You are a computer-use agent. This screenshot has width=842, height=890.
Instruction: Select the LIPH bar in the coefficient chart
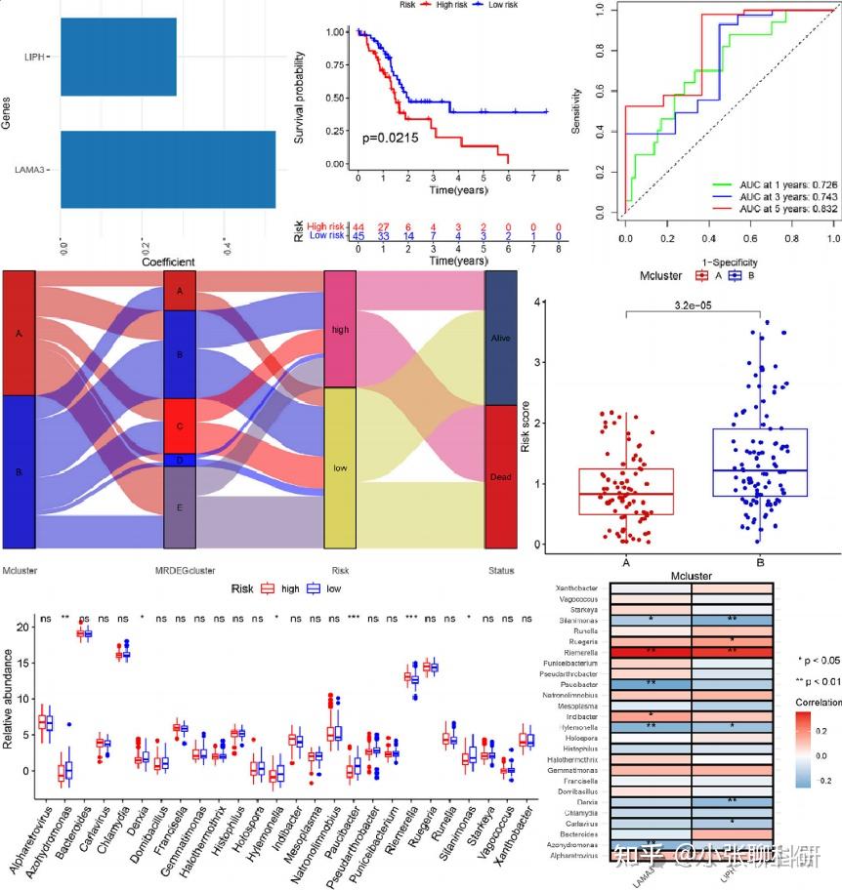[117, 57]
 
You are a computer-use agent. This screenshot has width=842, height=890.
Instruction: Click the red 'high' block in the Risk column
[340, 329]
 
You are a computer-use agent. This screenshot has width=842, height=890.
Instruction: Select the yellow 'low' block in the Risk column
[340, 467]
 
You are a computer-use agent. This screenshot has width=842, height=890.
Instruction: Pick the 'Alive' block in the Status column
[500, 337]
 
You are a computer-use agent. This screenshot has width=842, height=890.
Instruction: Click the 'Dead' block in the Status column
[500, 476]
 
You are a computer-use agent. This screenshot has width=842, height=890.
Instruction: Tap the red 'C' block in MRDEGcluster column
[180, 425]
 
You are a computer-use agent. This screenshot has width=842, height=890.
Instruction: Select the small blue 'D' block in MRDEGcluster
[180, 460]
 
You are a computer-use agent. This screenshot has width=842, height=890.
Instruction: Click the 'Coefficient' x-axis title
[168, 262]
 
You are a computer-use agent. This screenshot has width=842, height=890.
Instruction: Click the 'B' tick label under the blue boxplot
[759, 562]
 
